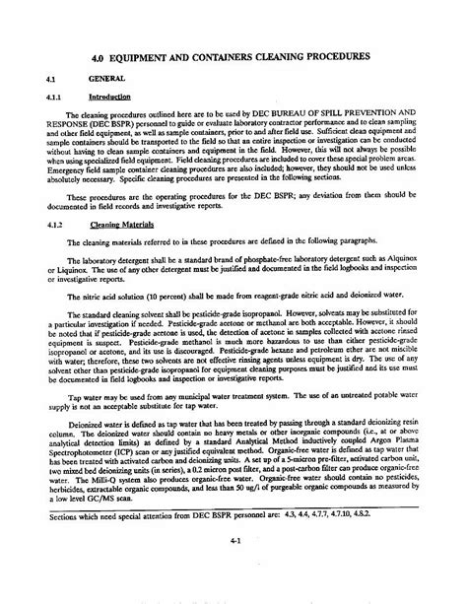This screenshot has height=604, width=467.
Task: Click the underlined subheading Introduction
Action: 106,96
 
